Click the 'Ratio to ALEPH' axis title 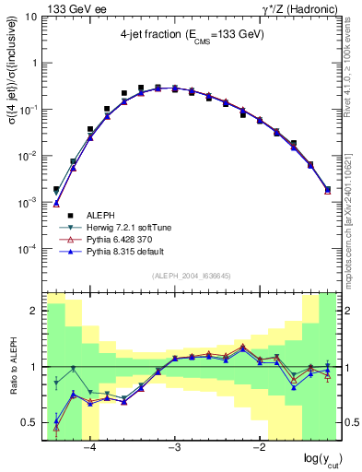click(x=11, y=367)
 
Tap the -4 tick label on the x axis click(x=89, y=449)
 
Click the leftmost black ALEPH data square click(x=56, y=190)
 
